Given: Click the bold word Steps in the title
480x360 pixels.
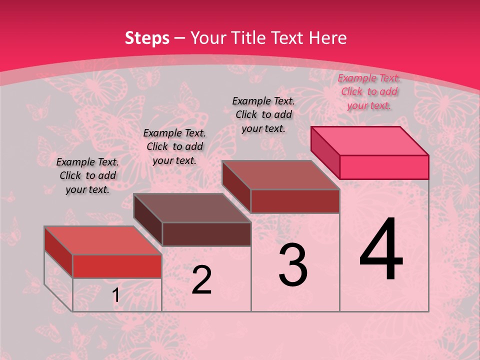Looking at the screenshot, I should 147,38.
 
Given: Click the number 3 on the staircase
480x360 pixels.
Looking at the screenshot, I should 293,265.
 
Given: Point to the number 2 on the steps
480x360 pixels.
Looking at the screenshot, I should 201,280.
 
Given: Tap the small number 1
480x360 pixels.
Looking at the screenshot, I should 115,295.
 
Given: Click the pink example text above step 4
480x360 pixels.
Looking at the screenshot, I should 369,91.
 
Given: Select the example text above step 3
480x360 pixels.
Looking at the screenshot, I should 263,114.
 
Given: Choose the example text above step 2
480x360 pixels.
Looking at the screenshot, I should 174,146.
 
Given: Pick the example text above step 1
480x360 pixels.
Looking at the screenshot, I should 87,175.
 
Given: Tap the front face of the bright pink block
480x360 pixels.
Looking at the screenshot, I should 384,167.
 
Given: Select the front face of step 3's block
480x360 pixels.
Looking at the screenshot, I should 295,201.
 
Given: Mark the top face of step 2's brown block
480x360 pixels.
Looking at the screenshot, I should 192,208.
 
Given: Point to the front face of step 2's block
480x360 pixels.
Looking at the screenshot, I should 206,234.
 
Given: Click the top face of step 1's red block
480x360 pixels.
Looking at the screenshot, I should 103,240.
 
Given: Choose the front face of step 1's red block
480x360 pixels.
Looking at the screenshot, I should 117,266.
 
